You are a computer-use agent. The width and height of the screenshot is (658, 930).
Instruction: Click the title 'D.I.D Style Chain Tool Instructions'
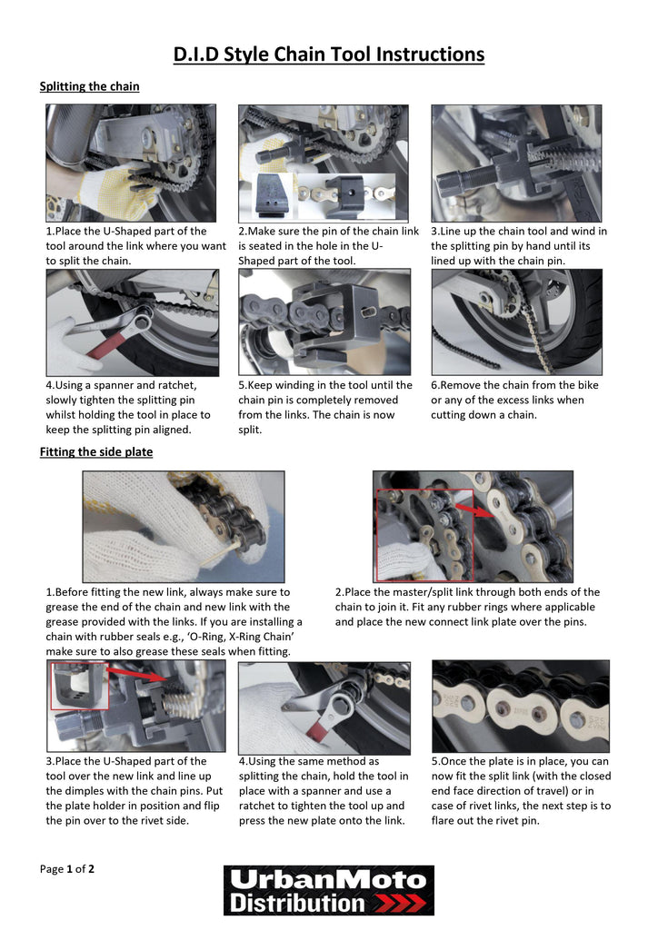pos(329,54)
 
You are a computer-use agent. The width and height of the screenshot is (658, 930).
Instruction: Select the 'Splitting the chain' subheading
pos(89,86)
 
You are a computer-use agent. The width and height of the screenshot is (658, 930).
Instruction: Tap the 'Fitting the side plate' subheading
pos(96,451)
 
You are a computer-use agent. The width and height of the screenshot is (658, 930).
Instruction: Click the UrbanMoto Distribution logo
pos(329,890)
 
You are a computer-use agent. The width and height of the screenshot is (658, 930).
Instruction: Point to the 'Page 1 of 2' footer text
pos(67,868)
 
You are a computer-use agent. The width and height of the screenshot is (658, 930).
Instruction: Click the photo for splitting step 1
pos(132,163)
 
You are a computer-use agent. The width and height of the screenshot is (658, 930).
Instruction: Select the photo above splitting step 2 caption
pos(324,163)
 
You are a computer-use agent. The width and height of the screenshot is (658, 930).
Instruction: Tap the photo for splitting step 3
pos(516,163)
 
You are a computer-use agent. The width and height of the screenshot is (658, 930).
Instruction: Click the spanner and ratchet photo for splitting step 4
pos(132,322)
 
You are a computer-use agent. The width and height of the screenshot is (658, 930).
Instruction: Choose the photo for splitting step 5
pos(324,322)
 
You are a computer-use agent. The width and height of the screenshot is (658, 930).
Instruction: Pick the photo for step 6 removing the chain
pos(516,322)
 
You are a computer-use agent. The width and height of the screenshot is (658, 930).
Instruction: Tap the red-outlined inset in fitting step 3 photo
pos(79,686)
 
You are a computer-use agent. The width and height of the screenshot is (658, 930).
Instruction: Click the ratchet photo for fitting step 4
pos(324,706)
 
